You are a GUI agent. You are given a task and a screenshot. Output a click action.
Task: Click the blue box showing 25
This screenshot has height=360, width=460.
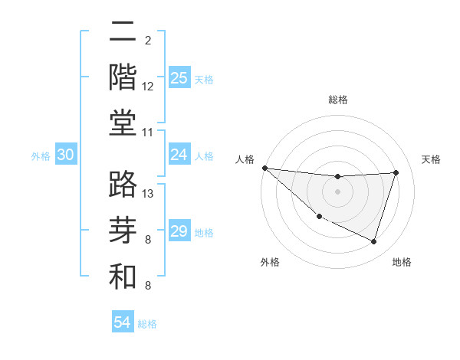pos(179,78)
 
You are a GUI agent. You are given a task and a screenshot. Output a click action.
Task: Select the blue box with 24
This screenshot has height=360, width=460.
pos(179,155)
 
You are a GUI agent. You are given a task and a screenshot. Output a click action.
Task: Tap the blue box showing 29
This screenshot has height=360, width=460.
pos(179,231)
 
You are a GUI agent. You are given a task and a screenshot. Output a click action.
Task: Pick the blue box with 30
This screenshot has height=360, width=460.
pos(65,155)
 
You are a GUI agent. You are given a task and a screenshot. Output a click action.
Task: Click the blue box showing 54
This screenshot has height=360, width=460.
pos(122,322)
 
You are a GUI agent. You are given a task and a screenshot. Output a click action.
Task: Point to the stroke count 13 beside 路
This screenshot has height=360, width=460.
pos(149,194)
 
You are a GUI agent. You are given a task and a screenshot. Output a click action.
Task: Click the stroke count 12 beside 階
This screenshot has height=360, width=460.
pos(148,87)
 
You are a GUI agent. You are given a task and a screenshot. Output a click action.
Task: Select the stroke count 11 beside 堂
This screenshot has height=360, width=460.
pos(148,133)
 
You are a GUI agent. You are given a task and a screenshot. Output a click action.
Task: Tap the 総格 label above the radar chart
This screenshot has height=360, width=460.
pos(337,100)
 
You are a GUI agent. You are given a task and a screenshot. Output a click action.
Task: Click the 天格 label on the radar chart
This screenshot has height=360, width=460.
pos(432,159)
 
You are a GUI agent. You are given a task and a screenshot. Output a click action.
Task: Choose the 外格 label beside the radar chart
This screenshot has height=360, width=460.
pos(270,262)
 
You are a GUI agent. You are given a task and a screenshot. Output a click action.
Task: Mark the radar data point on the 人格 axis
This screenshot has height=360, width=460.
pos(264,168)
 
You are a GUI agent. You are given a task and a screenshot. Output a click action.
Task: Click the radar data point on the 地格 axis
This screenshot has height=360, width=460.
pos(373,242)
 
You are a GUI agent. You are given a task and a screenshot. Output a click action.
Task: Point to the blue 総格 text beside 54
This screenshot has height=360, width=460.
pos(147,324)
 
